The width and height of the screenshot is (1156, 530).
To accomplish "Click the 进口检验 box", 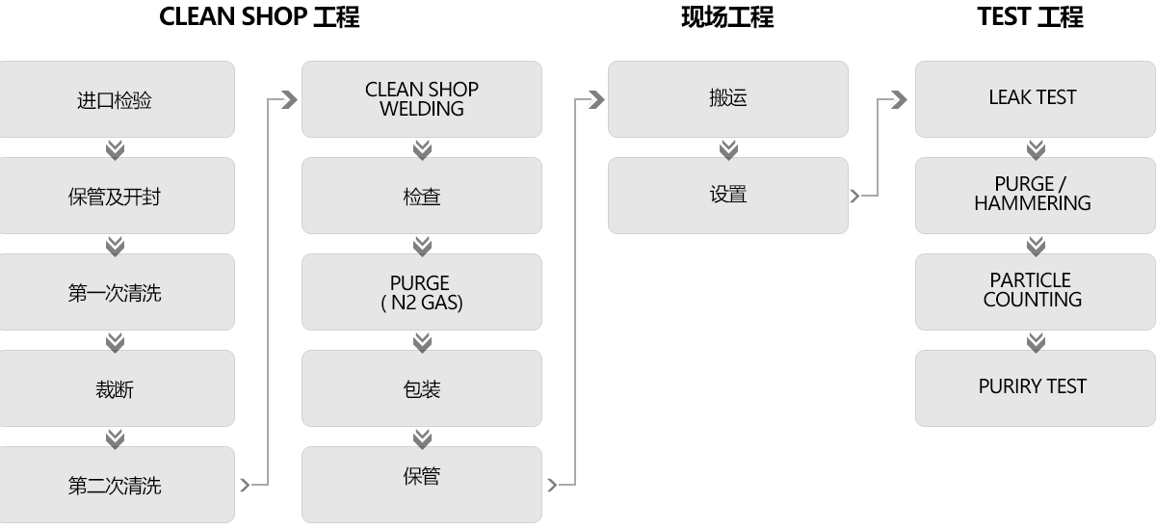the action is coord(117,99).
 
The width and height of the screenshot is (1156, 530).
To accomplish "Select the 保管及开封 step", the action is coord(117,196).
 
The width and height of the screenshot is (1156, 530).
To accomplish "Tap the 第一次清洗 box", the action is coord(117,292).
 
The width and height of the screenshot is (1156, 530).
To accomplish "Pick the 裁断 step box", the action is coord(117,388).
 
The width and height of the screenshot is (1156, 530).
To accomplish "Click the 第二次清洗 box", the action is coord(117,485).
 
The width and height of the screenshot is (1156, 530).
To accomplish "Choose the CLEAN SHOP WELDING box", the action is coord(422,99).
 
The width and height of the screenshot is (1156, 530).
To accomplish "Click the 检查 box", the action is coord(422,196).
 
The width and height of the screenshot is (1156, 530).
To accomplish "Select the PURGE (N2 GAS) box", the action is coord(422,292).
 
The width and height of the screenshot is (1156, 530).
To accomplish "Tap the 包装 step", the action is coord(422,388).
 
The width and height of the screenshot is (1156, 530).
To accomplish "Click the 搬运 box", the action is coord(728,99).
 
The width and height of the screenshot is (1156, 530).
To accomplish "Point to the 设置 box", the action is coord(728,196).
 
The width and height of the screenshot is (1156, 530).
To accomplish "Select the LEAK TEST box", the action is coord(1036,99).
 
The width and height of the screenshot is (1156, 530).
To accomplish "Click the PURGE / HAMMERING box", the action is coord(1036,196).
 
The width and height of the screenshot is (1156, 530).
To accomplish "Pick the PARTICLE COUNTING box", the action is coord(1036,292).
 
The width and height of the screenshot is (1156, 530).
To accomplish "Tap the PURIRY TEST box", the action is coord(1036,388).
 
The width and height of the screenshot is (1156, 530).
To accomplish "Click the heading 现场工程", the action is coord(727,17).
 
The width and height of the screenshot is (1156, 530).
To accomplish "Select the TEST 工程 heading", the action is coord(1031,17).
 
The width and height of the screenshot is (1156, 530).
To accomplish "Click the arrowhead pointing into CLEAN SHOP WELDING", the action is coord(290,99).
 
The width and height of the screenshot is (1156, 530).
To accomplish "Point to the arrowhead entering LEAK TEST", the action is coord(899,99).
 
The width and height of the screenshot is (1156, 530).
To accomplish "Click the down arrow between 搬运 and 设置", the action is coord(728,149).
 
